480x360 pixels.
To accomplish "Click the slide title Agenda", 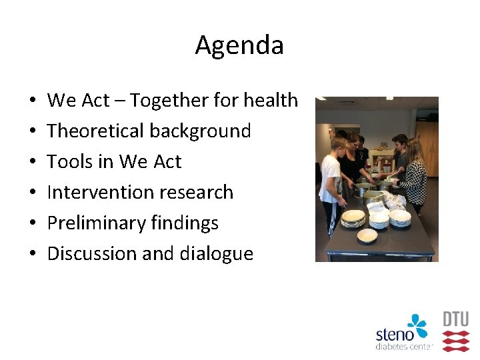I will click(x=239, y=45).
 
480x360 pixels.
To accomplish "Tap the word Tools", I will click(x=69, y=161).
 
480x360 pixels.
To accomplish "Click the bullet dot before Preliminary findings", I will click(x=33, y=223).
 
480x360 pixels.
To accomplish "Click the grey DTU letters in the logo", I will click(x=456, y=319).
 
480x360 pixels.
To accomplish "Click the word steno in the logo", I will click(x=395, y=334).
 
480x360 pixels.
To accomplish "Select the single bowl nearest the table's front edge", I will click(x=367, y=235).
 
